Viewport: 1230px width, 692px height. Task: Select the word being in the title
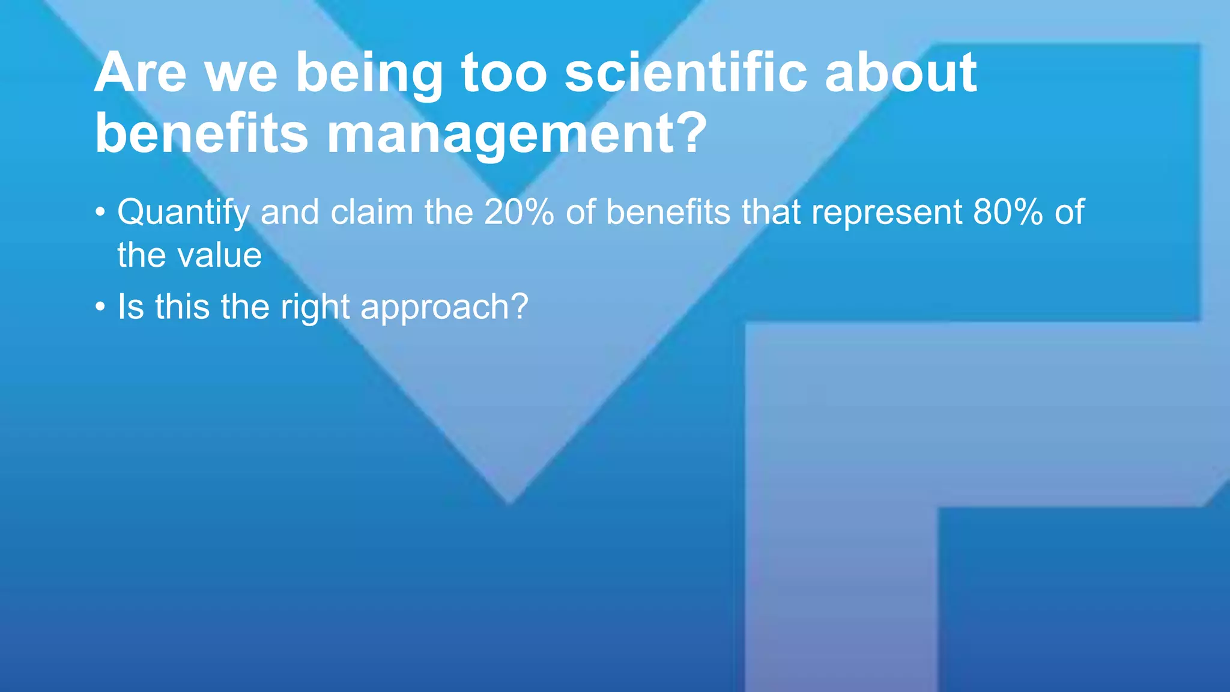coord(369,75)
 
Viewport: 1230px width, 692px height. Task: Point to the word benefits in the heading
coord(202,133)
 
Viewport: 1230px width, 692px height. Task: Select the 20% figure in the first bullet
coord(519,212)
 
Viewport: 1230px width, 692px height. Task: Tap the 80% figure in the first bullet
coord(1008,212)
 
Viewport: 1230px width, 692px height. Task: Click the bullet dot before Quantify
coord(100,213)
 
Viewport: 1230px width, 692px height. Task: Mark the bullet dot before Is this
coord(100,308)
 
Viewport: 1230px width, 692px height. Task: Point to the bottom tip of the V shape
coord(510,502)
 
